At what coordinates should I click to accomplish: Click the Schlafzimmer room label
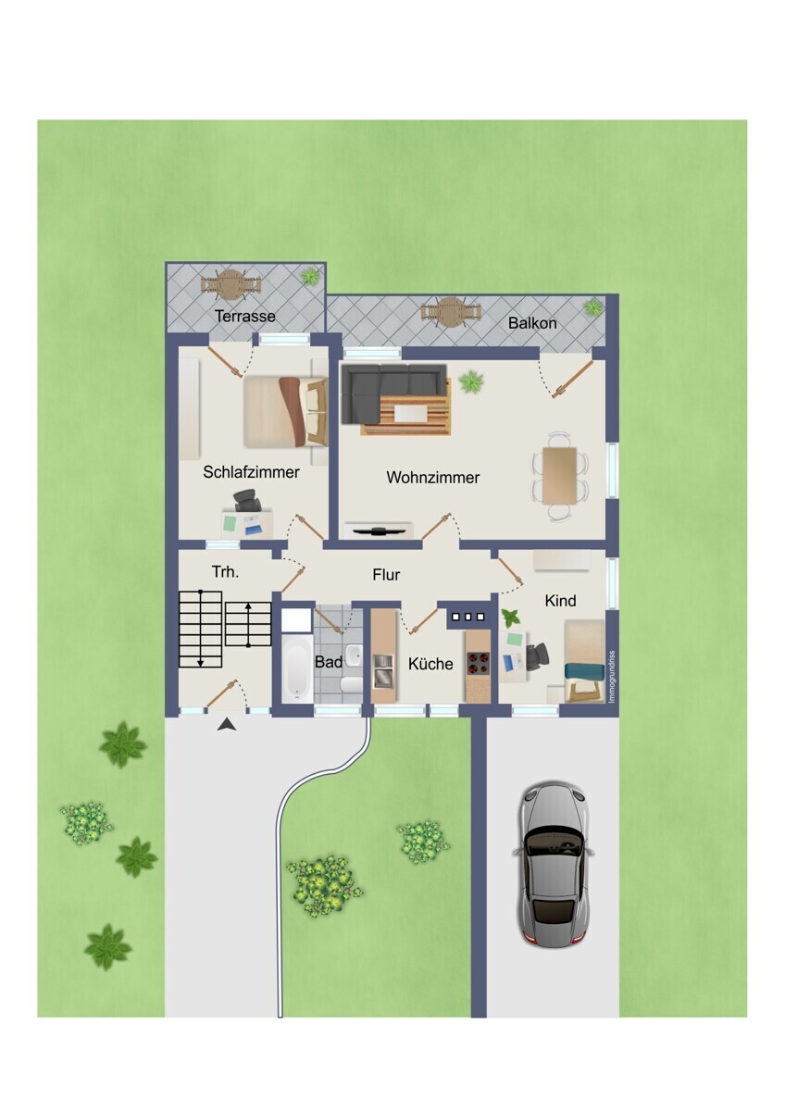pos(251,471)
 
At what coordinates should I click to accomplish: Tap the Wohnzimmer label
pos(433,477)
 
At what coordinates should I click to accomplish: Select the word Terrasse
pos(245,316)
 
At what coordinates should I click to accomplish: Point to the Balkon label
pos(532,323)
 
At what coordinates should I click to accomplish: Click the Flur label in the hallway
pos(386,575)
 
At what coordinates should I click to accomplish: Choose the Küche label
pos(430,664)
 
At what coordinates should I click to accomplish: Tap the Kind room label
pos(560,601)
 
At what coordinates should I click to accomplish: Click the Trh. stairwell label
pos(226,572)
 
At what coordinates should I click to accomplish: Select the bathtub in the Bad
pos(297,668)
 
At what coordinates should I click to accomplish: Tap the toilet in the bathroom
pos(352,684)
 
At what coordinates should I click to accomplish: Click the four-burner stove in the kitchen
pos(478,664)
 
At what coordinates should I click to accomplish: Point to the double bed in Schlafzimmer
pos(285,412)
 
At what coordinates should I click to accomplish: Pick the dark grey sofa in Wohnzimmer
pos(387,387)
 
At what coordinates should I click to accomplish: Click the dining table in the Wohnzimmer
pos(560,475)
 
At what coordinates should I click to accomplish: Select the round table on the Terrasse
pos(231,285)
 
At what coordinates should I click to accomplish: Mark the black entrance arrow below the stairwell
pos(227,725)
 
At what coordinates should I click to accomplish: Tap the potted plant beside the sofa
pos(471,381)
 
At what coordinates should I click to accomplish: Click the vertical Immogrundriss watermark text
pos(612,677)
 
